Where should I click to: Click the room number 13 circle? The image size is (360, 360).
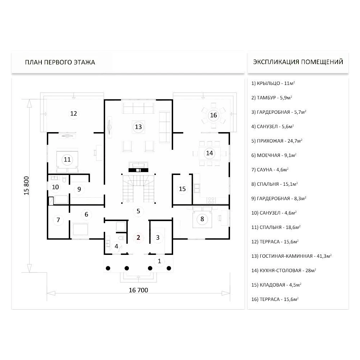click(x=138, y=127)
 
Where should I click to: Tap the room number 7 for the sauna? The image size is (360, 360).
click(x=58, y=220)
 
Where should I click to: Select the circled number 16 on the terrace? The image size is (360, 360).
click(x=213, y=115)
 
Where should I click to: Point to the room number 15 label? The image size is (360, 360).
click(x=182, y=189)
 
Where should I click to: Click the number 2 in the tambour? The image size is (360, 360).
click(x=138, y=237)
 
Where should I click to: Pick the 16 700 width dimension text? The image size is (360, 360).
click(x=139, y=290)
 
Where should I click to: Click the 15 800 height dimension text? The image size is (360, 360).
click(x=27, y=185)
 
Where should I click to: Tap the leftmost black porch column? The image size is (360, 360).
click(x=108, y=268)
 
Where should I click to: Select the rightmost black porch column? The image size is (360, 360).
click(x=169, y=268)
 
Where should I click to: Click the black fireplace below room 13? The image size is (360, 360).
click(x=138, y=170)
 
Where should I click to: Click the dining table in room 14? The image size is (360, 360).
click(x=210, y=153)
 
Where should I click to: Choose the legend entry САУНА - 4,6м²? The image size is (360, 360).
click(x=270, y=170)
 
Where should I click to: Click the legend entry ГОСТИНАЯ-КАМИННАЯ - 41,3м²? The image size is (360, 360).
click(x=291, y=256)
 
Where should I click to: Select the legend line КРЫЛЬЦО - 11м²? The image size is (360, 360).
click(x=273, y=83)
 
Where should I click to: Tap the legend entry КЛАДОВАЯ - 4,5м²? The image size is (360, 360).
click(x=276, y=285)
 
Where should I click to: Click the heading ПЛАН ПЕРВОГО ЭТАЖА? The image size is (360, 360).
click(x=60, y=62)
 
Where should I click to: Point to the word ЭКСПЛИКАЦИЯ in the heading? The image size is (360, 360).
click(x=276, y=62)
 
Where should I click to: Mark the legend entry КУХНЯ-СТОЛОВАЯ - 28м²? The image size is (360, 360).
click(x=284, y=270)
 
